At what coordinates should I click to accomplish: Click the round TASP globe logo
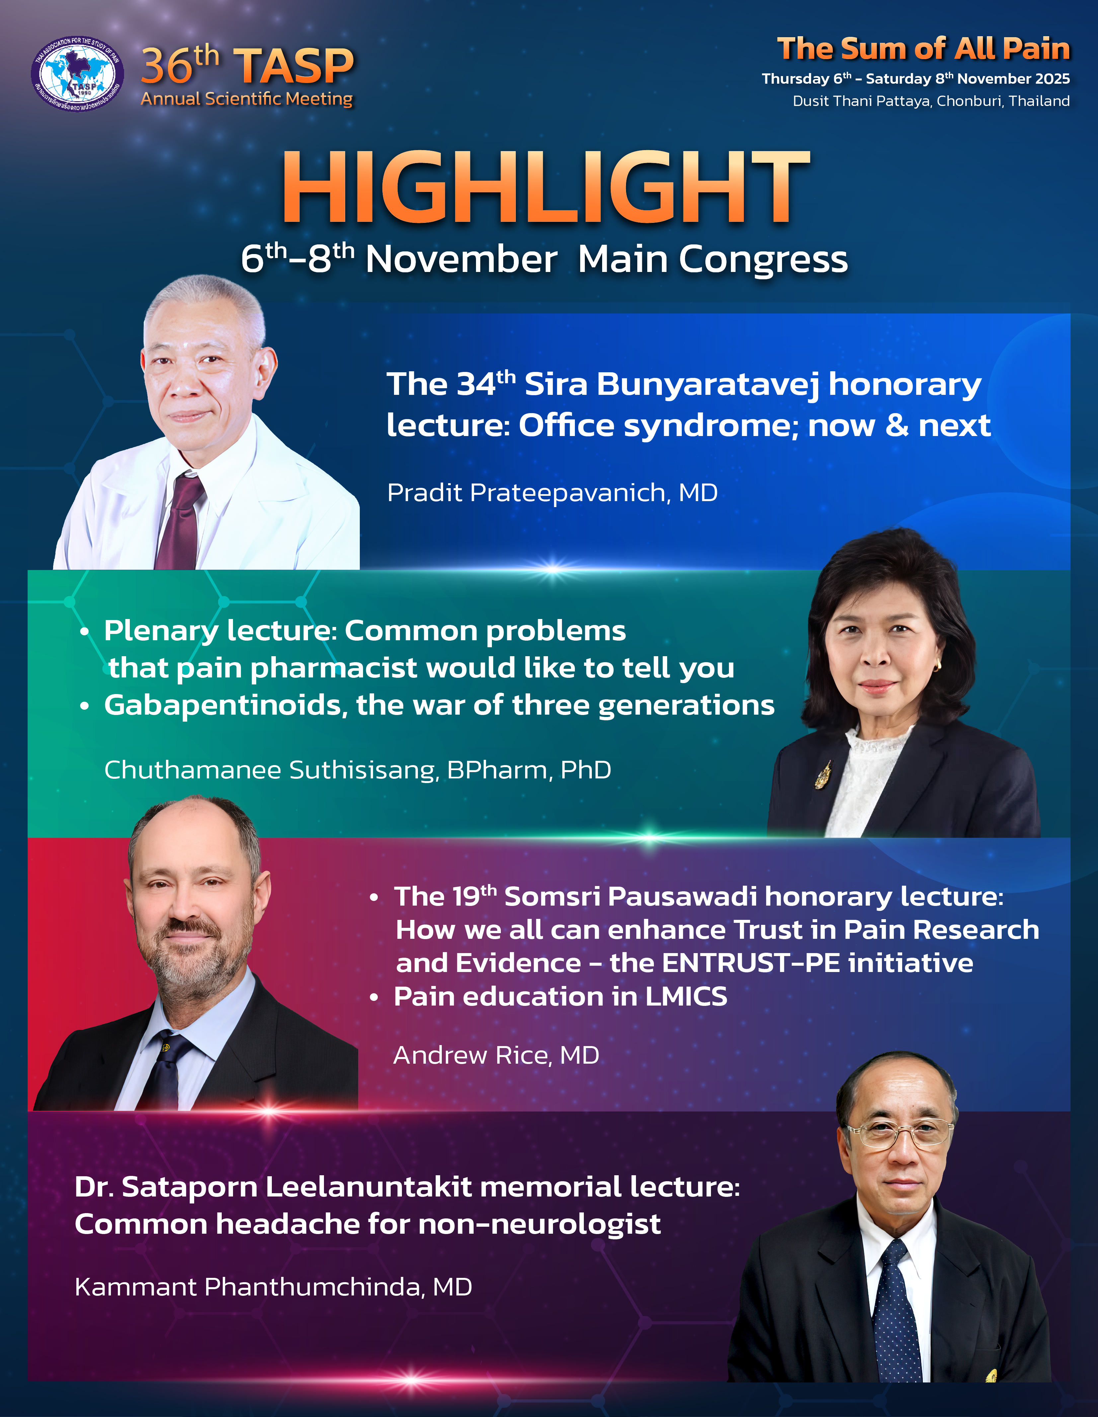pos(77,73)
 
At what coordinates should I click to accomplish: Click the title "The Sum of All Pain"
pos(923,49)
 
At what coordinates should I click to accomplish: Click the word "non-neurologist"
pos(540,1224)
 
